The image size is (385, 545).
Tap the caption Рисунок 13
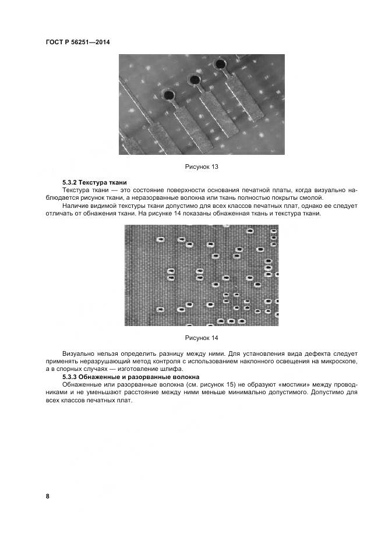tap(202, 167)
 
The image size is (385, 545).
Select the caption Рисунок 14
tap(202, 338)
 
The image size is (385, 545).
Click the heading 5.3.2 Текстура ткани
tap(94, 182)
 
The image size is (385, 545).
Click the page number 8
tap(48, 496)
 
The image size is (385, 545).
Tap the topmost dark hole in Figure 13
tap(221, 63)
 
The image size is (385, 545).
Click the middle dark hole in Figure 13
tap(195, 80)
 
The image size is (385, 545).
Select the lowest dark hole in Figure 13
tap(168, 94)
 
